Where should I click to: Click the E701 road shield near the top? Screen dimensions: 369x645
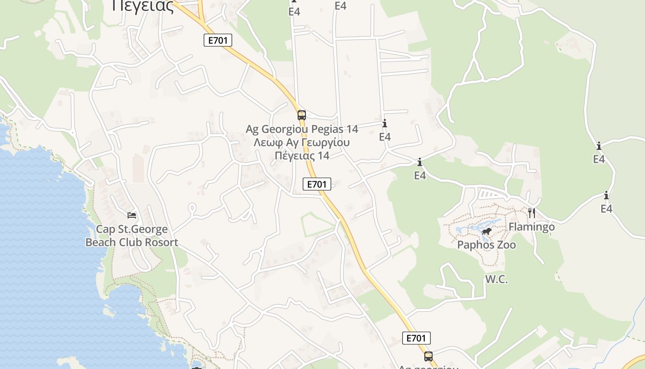pos(218,40)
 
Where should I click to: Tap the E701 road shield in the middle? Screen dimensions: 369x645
pos(317,184)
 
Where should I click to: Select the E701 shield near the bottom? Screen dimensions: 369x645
pos(416,338)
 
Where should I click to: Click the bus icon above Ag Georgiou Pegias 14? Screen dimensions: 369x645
pos(302,115)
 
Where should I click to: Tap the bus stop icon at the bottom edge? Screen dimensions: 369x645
pos(428,356)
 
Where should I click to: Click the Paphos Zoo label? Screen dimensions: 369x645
pos(487,244)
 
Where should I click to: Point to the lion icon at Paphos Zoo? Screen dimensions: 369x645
pos(486,231)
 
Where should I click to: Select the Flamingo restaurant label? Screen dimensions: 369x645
pos(531,226)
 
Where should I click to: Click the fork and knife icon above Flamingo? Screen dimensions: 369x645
pos(532,213)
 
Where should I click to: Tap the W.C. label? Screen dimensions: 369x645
pos(496,279)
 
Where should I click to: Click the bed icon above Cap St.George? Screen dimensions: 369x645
pos(132,215)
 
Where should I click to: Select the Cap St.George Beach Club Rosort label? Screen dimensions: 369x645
pos(132,236)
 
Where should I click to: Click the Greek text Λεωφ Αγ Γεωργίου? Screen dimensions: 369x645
pos(302,142)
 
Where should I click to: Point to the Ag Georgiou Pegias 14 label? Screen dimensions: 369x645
pos(302,129)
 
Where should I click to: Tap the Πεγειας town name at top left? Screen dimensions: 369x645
pos(143,6)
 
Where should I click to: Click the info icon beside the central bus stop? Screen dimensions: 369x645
pos(385,124)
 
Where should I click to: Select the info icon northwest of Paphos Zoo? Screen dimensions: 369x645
pos(420,162)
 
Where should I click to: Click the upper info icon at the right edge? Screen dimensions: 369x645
pos(599,146)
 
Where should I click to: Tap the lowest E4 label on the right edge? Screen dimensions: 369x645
pos(606,209)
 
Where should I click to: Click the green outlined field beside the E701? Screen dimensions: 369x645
pos(318,225)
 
